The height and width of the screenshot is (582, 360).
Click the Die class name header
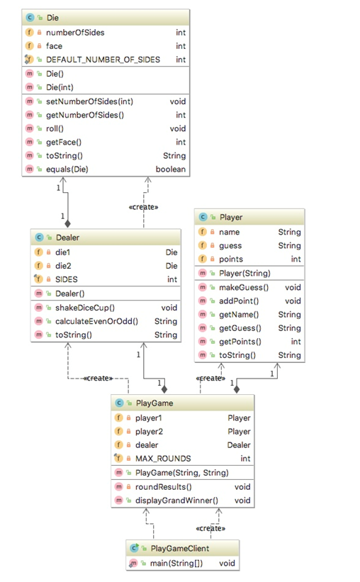(x=53, y=16)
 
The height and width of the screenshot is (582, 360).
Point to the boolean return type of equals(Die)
(x=170, y=169)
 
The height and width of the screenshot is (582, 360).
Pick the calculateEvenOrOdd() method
(x=98, y=321)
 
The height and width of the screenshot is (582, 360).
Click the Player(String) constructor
(x=245, y=273)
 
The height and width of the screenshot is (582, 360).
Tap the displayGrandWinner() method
(x=176, y=500)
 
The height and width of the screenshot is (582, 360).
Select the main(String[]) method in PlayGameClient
(x=172, y=563)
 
